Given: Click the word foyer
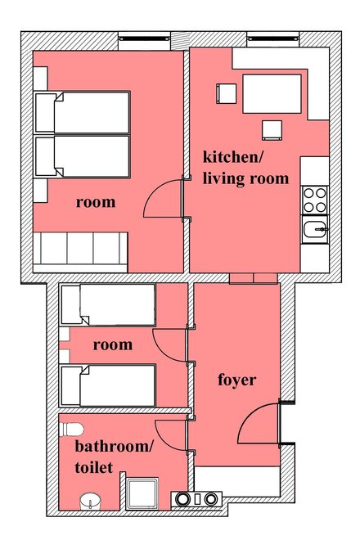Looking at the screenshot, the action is point(237,380).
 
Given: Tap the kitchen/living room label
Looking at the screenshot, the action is point(245,168).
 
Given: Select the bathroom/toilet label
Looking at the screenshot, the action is point(114,457).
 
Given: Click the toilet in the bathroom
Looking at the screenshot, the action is point(71,430).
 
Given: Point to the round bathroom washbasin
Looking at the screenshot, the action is point(90,501).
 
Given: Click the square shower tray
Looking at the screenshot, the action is point(142,493).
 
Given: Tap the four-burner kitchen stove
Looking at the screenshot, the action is point(314,200).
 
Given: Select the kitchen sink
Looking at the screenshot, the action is point(315,229).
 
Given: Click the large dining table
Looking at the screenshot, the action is point(272,93).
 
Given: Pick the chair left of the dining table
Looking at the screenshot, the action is point(227,93).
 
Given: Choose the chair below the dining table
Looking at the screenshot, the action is point(272,130).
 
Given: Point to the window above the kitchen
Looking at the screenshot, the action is point(272,38).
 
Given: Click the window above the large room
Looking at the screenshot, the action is point(144,38).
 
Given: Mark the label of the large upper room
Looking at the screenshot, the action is point(96,202).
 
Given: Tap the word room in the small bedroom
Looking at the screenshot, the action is point(113,344).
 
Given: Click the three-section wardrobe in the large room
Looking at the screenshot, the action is point(80,249).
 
